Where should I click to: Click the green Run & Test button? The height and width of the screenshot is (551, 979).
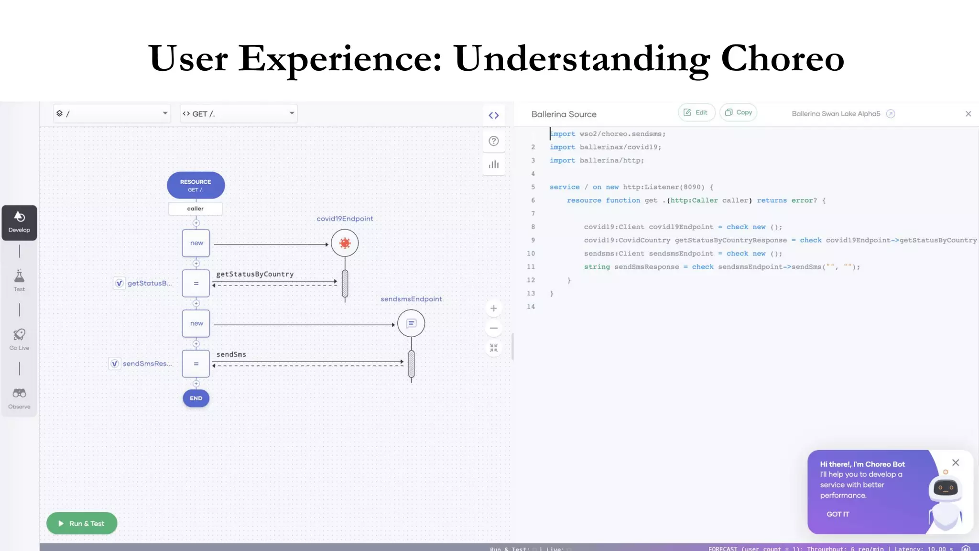(x=82, y=523)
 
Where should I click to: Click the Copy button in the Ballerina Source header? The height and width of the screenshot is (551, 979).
(x=739, y=112)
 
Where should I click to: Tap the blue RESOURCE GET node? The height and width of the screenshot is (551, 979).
(x=196, y=185)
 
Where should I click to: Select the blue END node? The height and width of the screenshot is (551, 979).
(x=196, y=398)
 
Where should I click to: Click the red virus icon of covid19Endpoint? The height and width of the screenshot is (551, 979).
(x=345, y=243)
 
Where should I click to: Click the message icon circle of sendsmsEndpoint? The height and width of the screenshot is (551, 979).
(x=411, y=323)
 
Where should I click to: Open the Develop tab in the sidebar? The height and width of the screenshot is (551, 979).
(x=19, y=222)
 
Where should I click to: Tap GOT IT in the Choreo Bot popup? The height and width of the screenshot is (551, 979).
(x=838, y=514)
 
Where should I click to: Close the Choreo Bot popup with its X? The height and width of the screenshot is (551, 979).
(x=955, y=463)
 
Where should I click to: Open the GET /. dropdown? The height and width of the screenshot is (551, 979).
(x=239, y=113)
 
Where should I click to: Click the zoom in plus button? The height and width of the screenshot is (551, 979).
(x=494, y=309)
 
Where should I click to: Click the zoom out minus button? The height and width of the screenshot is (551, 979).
(x=494, y=328)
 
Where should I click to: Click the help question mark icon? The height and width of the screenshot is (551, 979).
(x=494, y=141)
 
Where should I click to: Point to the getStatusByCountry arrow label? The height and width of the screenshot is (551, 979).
(x=255, y=274)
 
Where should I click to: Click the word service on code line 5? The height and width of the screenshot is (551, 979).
(x=565, y=187)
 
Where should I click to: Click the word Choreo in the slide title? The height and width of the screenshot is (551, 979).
(x=782, y=58)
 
